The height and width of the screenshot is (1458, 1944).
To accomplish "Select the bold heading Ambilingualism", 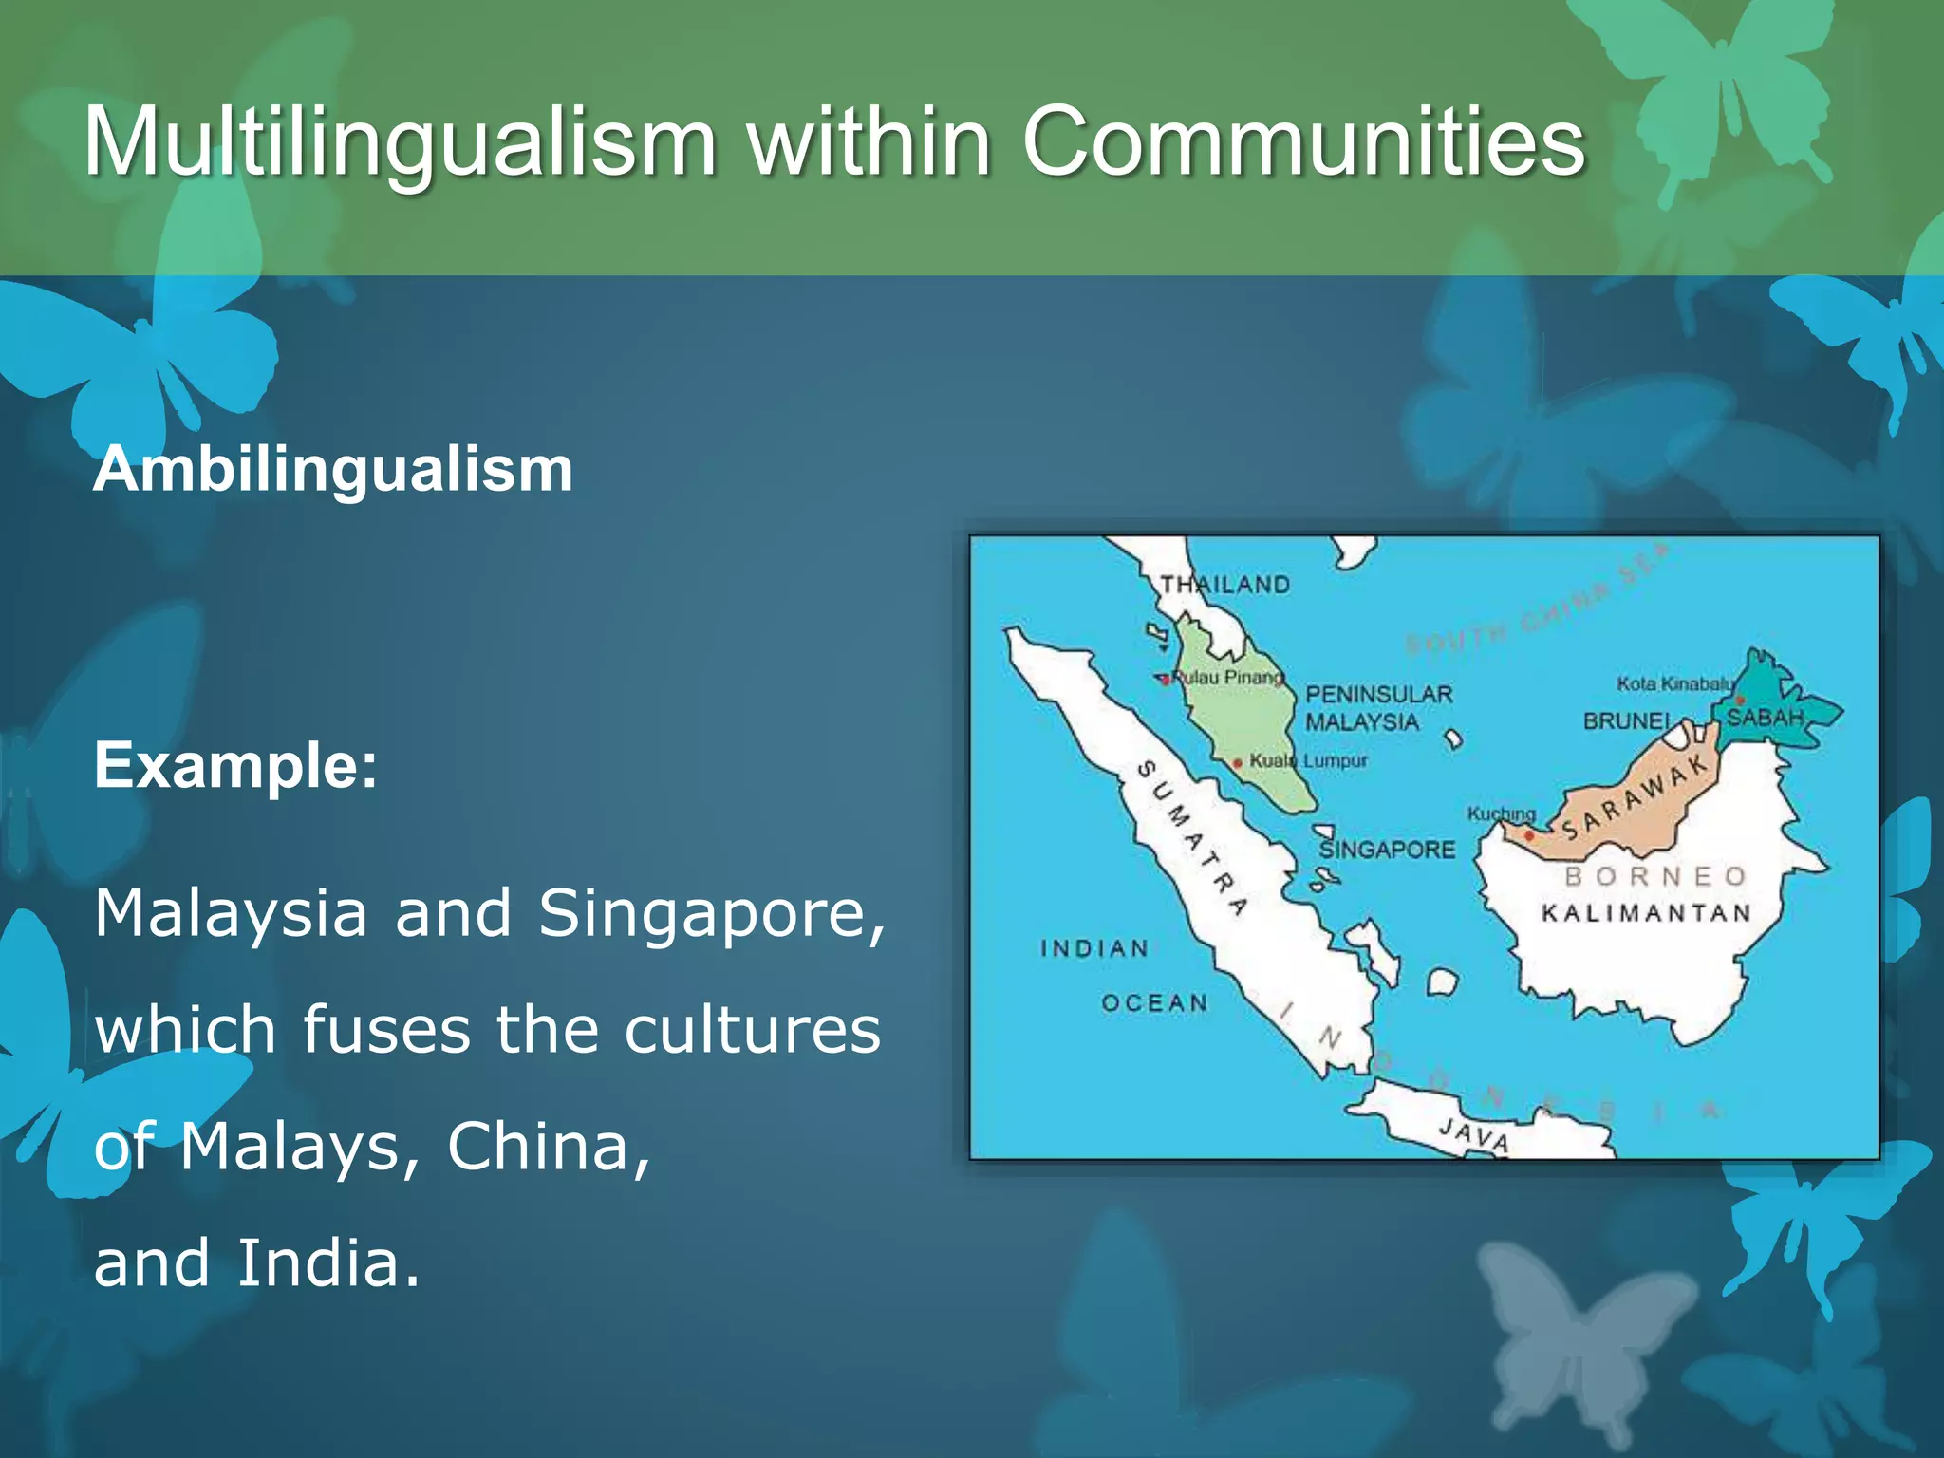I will pyautogui.click(x=333, y=469).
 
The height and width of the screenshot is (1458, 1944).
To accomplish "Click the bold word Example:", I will pyautogui.click(x=235, y=765).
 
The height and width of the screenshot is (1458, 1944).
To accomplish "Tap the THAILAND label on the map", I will pyautogui.click(x=1225, y=585).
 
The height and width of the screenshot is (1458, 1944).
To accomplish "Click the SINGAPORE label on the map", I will pyautogui.click(x=1387, y=849).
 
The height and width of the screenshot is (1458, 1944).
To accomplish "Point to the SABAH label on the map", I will pyautogui.click(x=1765, y=717).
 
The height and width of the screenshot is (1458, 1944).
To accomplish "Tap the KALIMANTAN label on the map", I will pyautogui.click(x=1646, y=913).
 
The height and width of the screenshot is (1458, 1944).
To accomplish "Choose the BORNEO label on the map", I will pyautogui.click(x=1655, y=875).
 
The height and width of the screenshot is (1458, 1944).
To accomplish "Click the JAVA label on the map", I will pyautogui.click(x=1473, y=1135).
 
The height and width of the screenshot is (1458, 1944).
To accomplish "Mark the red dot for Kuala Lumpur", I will pyautogui.click(x=1238, y=763).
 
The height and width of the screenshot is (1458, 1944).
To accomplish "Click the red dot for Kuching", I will pyautogui.click(x=1529, y=835).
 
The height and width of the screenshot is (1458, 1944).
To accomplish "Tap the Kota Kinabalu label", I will pyautogui.click(x=1674, y=683).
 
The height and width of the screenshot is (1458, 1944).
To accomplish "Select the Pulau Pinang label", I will pyautogui.click(x=1227, y=677).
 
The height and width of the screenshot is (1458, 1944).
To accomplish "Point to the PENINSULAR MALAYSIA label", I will pyautogui.click(x=1378, y=707).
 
